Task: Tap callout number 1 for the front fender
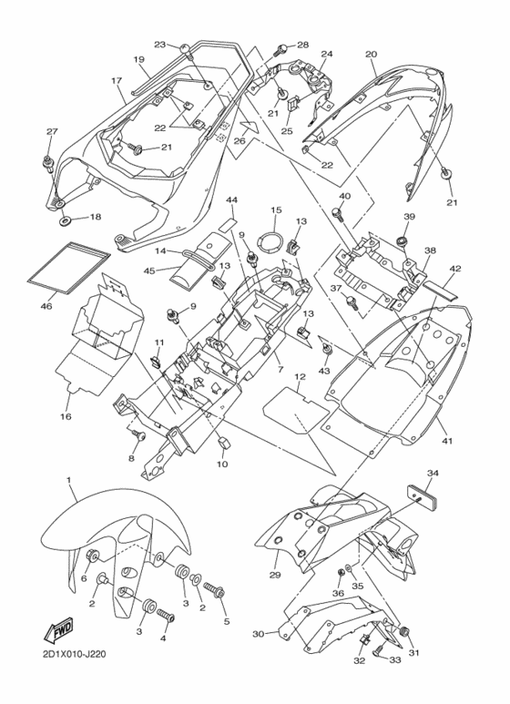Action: click(69, 480)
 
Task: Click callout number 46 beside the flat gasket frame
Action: click(46, 307)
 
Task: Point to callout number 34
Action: click(433, 474)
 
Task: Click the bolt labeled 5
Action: click(215, 590)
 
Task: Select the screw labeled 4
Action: click(165, 614)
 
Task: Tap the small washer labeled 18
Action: click(65, 220)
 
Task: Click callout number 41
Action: click(446, 441)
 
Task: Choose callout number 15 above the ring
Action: click(276, 210)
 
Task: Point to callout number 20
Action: click(371, 55)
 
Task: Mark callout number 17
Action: click(117, 80)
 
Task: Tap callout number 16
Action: click(66, 416)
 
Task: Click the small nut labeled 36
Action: click(341, 573)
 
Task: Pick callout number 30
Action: click(258, 634)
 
